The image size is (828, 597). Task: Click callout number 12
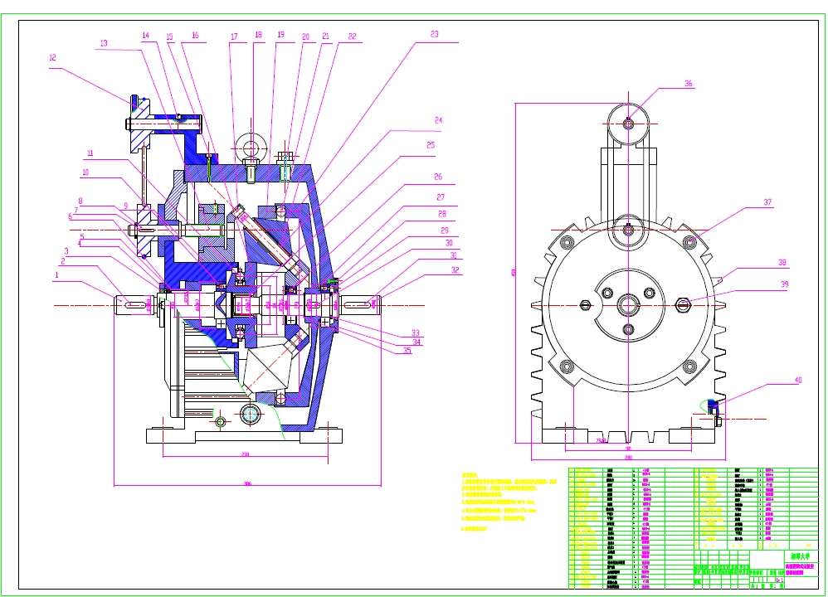pos(52,58)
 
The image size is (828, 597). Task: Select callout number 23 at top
pos(434,35)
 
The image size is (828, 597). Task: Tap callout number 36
pos(688,84)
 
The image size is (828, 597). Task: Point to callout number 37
pos(767,202)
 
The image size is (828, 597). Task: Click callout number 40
pos(775,381)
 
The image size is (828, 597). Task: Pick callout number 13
pos(104,42)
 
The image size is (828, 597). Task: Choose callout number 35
pos(407,350)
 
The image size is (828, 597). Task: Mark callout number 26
pos(438,177)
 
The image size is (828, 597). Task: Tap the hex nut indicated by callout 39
pos(684,303)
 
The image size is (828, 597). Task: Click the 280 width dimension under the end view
pos(628,457)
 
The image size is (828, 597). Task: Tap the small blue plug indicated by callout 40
pos(712,405)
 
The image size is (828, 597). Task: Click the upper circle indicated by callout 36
pos(628,124)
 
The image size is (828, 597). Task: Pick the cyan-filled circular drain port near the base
pos(251,413)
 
